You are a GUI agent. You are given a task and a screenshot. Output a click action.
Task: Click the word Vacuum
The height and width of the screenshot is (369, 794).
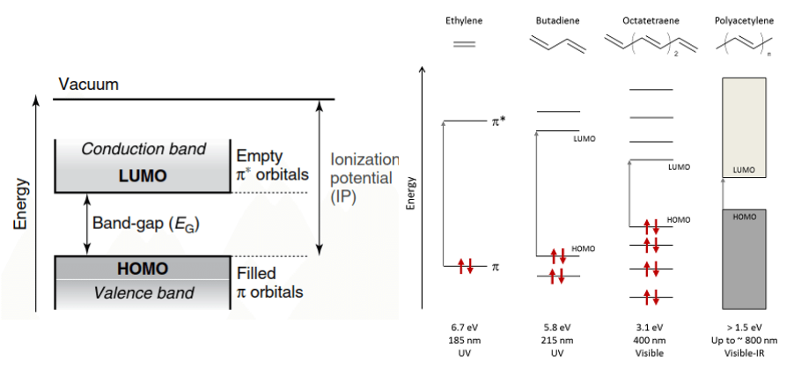pyautogui.click(x=88, y=85)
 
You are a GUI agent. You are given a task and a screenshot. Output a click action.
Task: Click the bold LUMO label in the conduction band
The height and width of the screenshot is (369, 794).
pyautogui.click(x=143, y=176)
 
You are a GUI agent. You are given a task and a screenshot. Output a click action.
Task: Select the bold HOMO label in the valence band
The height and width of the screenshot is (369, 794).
pyautogui.click(x=142, y=268)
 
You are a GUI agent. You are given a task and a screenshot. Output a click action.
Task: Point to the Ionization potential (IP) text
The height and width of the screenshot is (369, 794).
pyautogui.click(x=364, y=179)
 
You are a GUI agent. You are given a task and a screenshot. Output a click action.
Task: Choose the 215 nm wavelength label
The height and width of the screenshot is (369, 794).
pyautogui.click(x=555, y=339)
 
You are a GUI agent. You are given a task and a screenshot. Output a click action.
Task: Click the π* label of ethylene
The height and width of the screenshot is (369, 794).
pyautogui.click(x=498, y=121)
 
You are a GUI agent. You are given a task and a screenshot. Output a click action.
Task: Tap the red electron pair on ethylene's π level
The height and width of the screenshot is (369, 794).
pyautogui.click(x=466, y=266)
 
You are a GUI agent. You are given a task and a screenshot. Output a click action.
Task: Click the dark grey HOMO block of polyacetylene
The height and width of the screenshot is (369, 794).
pyautogui.click(x=744, y=260)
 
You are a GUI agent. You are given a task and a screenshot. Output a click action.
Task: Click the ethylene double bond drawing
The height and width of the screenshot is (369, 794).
pyautogui.click(x=464, y=41)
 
